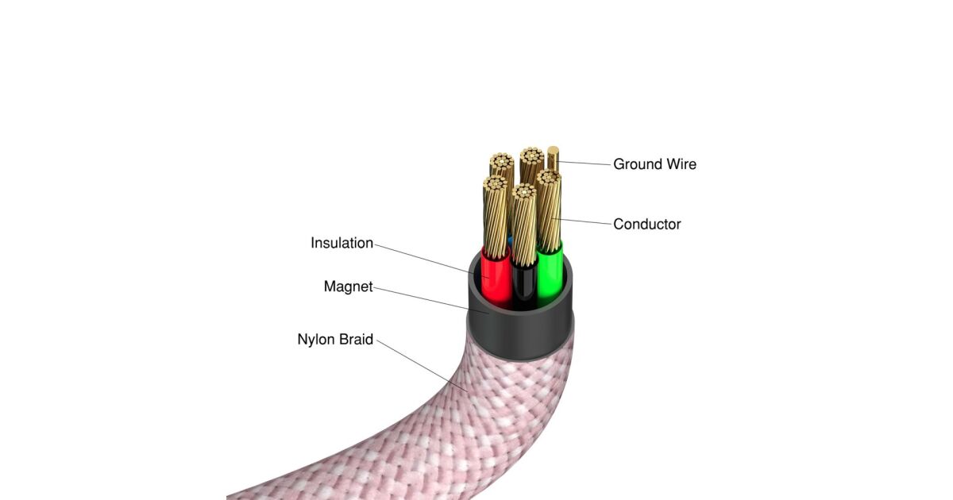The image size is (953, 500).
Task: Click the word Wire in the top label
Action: [681, 164]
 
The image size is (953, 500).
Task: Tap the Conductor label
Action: [646, 224]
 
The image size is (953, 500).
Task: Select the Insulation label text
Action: [341, 243]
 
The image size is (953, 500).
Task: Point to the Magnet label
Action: [348, 287]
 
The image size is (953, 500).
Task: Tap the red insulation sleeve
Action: [496, 279]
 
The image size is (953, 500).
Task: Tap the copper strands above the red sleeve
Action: [496, 217]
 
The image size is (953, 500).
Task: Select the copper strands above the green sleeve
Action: [549, 210]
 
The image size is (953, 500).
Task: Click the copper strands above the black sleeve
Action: [524, 225]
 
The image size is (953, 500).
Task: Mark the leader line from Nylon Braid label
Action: [422, 366]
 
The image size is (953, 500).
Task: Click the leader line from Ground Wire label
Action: [584, 163]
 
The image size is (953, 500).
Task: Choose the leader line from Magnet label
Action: [431, 300]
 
